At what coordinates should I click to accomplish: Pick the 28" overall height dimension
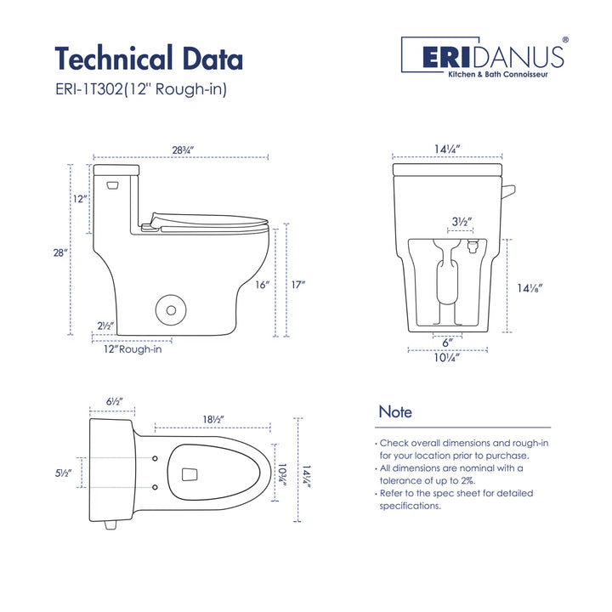tap(59, 254)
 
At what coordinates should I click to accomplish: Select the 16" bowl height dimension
tap(263, 286)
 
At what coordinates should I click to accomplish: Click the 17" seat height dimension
tap(297, 286)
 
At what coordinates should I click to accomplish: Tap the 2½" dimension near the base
tap(105, 326)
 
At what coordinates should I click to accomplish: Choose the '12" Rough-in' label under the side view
tap(132, 348)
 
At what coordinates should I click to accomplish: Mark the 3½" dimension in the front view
tap(462, 223)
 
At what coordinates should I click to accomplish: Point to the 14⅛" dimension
tap(528, 287)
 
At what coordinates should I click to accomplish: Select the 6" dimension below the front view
tap(448, 342)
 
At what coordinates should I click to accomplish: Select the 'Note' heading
tap(395, 412)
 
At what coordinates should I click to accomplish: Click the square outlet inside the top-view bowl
tap(189, 472)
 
